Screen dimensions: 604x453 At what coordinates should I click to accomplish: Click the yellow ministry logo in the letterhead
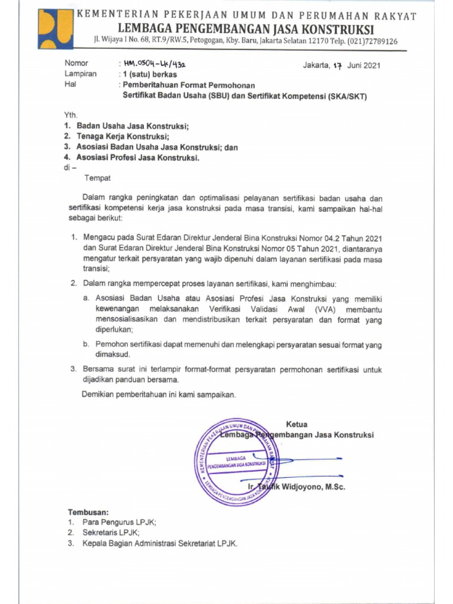pos(56,28)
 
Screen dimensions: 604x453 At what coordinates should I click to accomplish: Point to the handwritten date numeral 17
pos(337,65)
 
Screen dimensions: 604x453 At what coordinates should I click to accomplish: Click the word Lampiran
pos(80,75)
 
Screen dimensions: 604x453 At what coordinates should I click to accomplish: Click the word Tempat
pos(97,178)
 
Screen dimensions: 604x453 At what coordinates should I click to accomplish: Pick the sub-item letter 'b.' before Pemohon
pos(86,344)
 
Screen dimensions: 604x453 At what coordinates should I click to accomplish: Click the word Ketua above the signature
pos(296,424)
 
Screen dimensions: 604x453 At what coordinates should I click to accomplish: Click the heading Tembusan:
pos(88,512)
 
